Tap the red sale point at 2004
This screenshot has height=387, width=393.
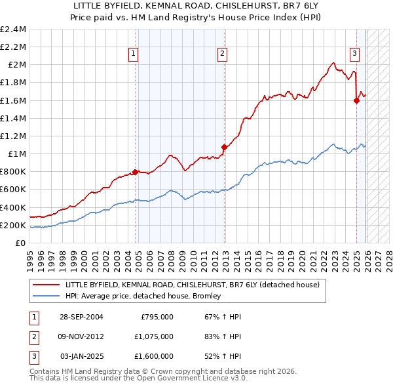136,172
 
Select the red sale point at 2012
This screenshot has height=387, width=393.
224,147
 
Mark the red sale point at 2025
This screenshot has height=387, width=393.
356,100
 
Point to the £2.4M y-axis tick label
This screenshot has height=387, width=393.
14,30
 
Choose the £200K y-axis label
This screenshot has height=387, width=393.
14,225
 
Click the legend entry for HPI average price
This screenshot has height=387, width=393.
143,296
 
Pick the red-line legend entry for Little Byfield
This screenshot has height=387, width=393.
192,285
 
